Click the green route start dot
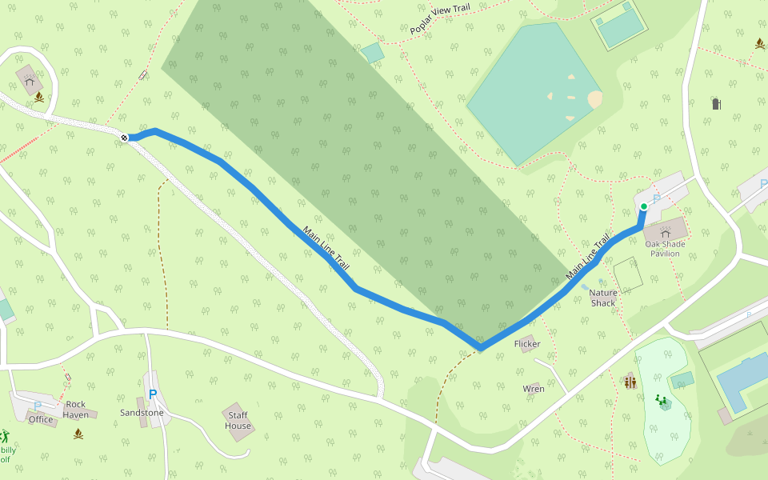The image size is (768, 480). tap(644, 206)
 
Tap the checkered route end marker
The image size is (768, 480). tap(124, 138)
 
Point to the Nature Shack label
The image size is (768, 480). tap(603, 298)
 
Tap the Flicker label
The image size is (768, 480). tap(527, 344)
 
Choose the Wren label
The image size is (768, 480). tap(534, 389)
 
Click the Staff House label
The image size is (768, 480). tap(238, 421)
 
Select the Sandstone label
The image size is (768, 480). tap(142, 413)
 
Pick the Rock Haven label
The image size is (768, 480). tap(76, 410)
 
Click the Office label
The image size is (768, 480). tap(41, 419)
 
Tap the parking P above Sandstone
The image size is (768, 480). tap(153, 394)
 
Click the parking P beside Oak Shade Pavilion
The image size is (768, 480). tap(657, 199)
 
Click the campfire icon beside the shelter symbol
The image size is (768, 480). tap(38, 98)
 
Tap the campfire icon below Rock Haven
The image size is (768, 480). tap(78, 434)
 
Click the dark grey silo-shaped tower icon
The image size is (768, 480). tap(716, 103)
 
